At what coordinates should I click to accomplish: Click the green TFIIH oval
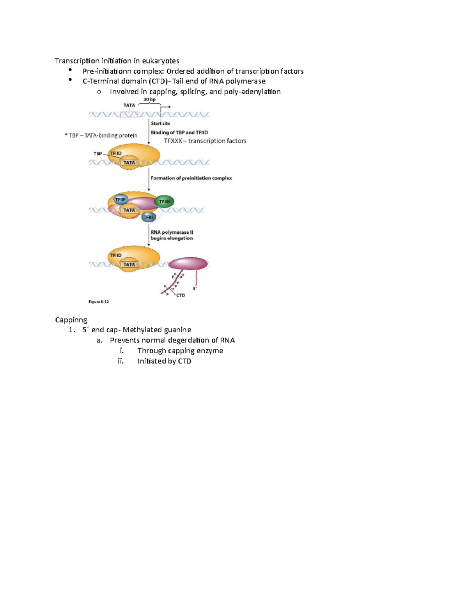[165, 201]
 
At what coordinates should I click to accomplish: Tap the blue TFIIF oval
[120, 199]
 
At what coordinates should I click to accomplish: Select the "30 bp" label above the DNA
[149, 100]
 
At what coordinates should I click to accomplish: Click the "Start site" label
[160, 123]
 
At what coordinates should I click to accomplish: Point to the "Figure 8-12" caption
[99, 302]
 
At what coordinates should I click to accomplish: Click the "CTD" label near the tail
[180, 295]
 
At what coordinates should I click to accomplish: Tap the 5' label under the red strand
[195, 289]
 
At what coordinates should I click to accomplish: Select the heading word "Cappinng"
[71, 320]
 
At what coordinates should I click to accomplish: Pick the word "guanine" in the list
[177, 330]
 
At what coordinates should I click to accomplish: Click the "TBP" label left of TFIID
[97, 154]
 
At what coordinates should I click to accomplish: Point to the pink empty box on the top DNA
[129, 114]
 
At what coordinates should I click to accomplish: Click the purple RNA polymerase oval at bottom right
[188, 263]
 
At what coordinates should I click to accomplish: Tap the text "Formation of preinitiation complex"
[191, 178]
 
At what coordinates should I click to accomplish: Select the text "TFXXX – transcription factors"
[205, 141]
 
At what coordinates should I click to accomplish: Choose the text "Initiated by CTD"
[164, 361]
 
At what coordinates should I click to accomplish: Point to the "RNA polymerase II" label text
[172, 232]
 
